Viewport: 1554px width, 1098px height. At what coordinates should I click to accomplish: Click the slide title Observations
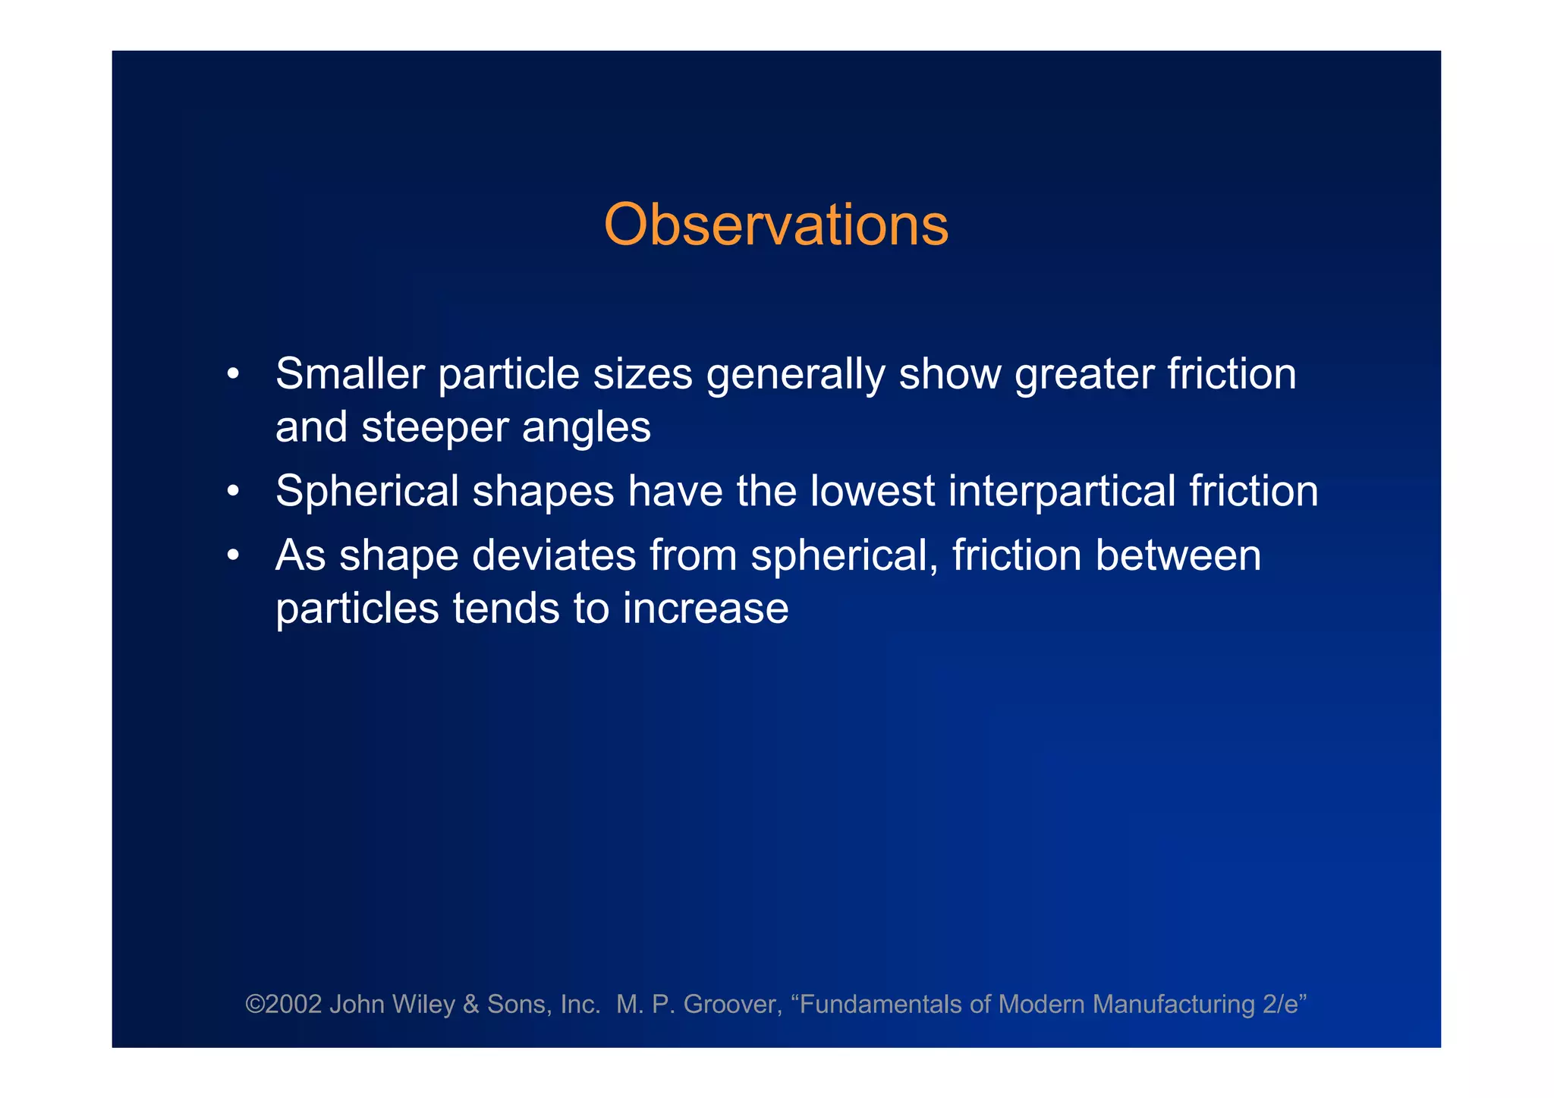(x=775, y=225)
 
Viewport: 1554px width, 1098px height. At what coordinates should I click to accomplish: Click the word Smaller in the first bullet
(x=351, y=374)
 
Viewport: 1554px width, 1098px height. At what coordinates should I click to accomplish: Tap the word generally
(x=795, y=376)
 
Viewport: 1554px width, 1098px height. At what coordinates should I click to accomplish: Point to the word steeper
(x=435, y=428)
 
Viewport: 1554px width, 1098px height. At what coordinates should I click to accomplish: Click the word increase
(x=706, y=609)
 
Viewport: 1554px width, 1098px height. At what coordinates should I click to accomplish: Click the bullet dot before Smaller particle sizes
(x=234, y=375)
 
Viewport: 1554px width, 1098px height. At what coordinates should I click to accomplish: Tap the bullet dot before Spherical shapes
(x=234, y=492)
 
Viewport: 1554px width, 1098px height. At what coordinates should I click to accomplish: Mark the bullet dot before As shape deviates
(x=234, y=556)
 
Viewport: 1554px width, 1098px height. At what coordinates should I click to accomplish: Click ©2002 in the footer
(x=284, y=1005)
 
